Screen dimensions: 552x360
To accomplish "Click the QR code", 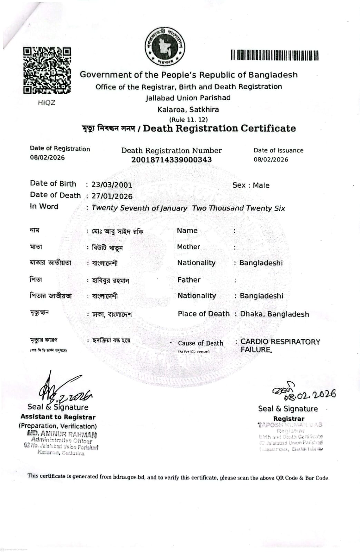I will tap(47, 70).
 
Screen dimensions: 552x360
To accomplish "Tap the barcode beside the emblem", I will tap(275, 55).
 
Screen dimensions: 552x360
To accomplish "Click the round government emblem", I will tap(165, 46).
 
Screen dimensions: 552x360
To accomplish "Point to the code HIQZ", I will tap(46, 103).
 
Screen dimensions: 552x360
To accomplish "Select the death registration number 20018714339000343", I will tap(171, 160).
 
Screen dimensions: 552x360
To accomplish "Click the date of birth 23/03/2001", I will tap(111, 185).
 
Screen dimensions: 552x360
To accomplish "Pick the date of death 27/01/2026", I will tap(112, 196).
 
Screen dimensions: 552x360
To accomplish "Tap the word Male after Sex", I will tap(261, 185).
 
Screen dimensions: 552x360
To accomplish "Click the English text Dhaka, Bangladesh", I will tap(274, 314).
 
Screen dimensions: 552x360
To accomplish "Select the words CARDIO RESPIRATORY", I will tap(280, 342).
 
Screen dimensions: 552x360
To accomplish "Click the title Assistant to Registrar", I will tap(58, 417).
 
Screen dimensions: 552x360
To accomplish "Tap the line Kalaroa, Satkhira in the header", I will tap(188, 110).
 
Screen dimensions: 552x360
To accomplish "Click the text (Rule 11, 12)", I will tap(188, 120).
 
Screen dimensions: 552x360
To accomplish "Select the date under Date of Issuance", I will tap(271, 160).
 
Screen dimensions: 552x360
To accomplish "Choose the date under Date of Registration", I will tap(47, 158).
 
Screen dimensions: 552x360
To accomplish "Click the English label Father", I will tap(189, 280).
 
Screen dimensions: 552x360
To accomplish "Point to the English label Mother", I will tap(188, 247).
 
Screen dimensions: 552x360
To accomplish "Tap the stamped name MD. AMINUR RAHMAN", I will tap(62, 434).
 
